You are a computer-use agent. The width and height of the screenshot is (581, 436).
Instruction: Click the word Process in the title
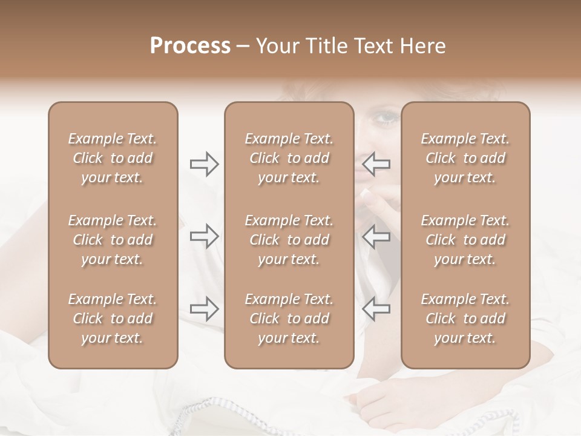[190, 46]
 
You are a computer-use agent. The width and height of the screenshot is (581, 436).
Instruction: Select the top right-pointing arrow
[205, 164]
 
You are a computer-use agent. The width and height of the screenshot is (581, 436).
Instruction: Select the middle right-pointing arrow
[205, 236]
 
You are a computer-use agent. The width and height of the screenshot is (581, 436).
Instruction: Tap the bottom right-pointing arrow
[205, 309]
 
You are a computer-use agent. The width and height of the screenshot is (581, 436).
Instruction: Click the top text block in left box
[113, 158]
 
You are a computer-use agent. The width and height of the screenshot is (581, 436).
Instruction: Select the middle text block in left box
[113, 240]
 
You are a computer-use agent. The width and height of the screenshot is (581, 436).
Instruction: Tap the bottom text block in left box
[113, 319]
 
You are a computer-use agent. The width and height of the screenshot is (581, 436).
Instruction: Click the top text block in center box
[289, 158]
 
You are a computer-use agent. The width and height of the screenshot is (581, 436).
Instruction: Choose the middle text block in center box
[289, 240]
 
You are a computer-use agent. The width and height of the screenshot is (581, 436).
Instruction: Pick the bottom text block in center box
[289, 319]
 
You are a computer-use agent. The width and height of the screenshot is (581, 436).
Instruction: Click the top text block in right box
[465, 158]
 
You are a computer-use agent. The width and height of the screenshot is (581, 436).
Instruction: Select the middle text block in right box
[465, 240]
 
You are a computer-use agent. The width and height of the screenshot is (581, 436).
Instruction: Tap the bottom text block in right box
[465, 319]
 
